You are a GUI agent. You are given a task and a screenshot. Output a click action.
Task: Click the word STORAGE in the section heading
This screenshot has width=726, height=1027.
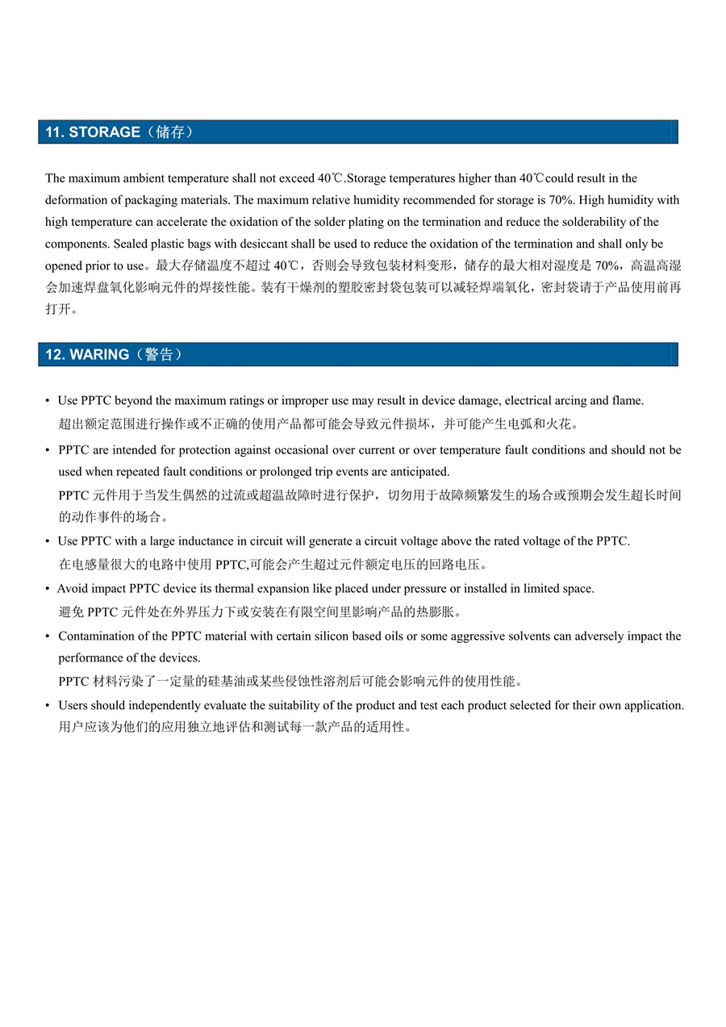(x=104, y=132)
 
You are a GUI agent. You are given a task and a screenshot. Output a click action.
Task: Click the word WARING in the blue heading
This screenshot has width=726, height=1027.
(x=99, y=355)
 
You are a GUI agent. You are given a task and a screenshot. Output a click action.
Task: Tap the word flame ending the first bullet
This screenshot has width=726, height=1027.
(x=627, y=401)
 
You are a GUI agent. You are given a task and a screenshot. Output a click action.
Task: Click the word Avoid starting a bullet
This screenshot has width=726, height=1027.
(x=72, y=589)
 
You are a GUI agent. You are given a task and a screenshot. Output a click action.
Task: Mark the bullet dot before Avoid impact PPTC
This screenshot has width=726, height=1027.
(x=48, y=590)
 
